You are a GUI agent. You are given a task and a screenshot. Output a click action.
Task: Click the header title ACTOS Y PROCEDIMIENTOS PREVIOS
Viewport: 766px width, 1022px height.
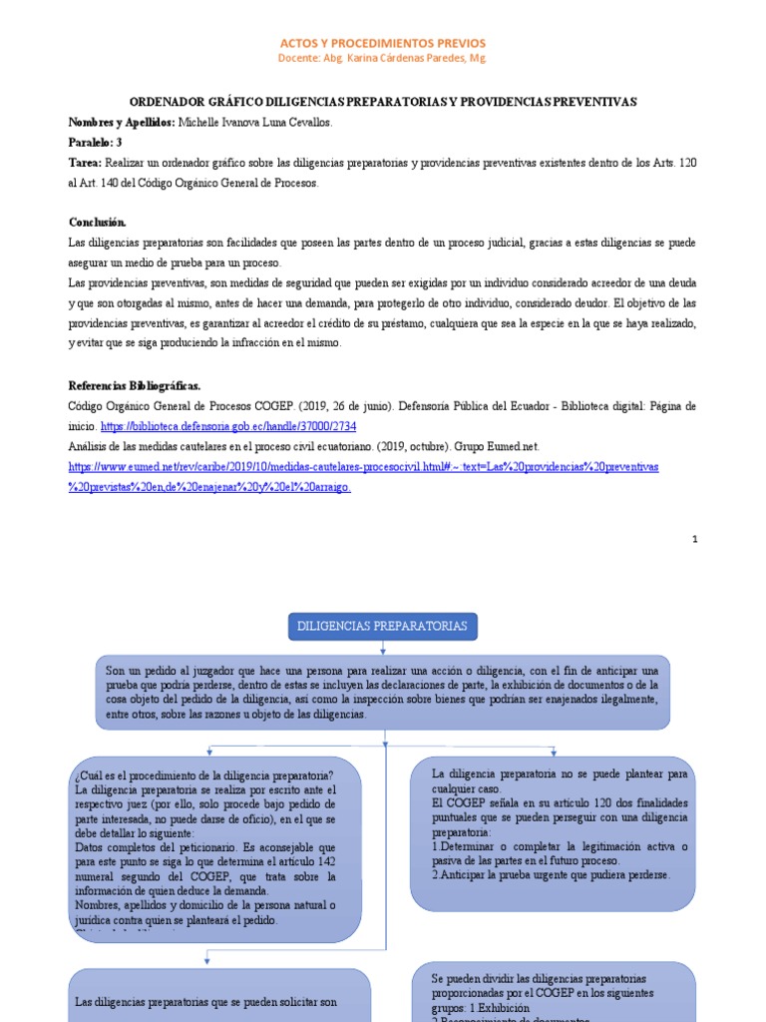383,43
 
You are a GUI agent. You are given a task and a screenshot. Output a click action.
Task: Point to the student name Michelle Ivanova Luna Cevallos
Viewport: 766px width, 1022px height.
254,122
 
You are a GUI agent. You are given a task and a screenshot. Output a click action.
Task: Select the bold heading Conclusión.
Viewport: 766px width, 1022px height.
98,222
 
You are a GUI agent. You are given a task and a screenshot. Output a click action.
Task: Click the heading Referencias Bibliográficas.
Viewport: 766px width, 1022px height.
135,386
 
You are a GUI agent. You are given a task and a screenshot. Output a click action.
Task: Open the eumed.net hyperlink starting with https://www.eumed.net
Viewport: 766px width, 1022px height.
362,466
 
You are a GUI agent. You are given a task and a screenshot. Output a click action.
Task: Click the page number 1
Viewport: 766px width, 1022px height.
694,539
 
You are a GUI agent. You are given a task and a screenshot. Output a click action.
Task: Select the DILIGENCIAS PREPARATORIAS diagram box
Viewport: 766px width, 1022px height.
383,626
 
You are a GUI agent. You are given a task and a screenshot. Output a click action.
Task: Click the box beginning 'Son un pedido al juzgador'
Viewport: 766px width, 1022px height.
383,692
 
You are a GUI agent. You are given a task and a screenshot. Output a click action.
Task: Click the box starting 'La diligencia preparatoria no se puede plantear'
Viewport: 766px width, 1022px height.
559,774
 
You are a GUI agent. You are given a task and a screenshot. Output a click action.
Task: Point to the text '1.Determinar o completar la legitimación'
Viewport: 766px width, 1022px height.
559,846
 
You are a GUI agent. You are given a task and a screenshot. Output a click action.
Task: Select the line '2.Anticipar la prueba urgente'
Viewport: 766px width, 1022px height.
551,874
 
